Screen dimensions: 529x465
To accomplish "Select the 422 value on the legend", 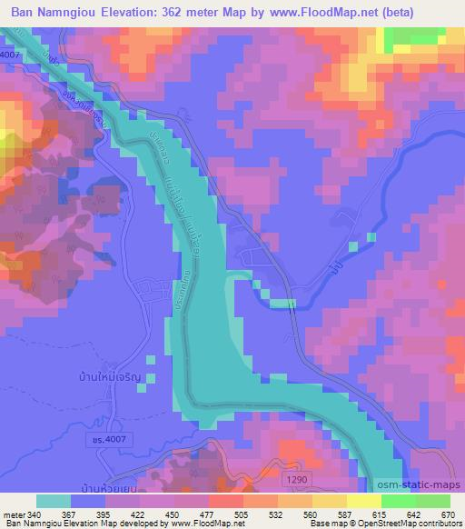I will (x=135, y=514).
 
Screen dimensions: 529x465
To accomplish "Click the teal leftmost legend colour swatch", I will (x=54, y=501).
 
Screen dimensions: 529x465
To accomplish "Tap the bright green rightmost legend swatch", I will (x=433, y=501).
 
